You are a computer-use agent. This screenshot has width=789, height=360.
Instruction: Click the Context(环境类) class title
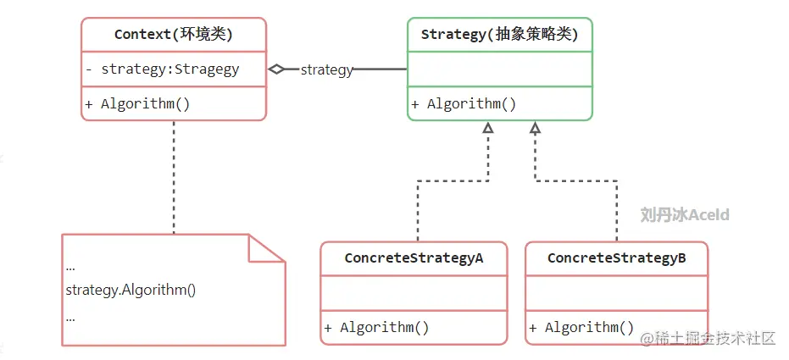(174, 35)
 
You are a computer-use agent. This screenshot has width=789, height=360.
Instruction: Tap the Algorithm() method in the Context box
(137, 104)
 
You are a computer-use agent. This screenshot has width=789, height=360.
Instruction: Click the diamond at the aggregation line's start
(277, 69)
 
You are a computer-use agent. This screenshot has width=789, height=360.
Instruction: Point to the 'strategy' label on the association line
(326, 70)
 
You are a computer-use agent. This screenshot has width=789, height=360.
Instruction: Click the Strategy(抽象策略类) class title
(500, 35)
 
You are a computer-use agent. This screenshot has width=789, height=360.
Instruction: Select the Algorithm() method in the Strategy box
(464, 104)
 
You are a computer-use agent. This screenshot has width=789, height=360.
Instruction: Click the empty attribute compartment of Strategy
(500, 69)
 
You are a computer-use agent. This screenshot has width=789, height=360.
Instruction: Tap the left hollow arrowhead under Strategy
(487, 128)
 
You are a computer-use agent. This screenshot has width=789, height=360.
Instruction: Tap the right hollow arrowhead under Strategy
(535, 128)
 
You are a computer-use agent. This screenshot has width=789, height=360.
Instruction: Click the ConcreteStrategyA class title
(414, 258)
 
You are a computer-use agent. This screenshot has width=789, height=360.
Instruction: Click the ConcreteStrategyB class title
(616, 258)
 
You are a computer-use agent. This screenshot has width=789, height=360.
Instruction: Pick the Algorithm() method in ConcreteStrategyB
(581, 328)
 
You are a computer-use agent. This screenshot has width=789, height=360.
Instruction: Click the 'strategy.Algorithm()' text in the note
(131, 290)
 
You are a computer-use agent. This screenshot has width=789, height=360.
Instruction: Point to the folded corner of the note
(264, 249)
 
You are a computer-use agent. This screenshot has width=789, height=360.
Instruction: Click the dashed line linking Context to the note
(174, 178)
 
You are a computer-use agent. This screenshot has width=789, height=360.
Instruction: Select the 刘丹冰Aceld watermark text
(684, 215)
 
